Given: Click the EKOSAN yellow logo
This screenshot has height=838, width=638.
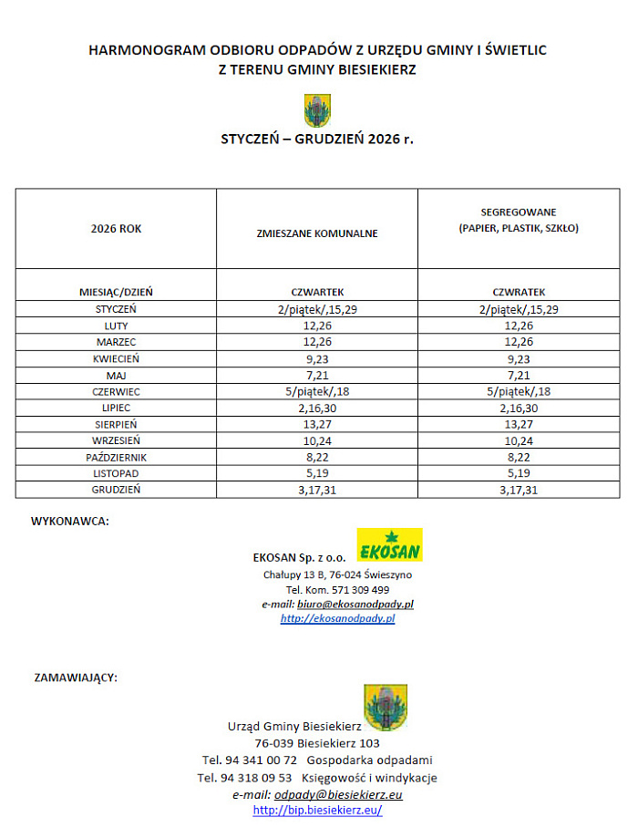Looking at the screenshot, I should tap(388, 544).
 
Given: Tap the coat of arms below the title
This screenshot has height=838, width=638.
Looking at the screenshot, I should tap(317, 110).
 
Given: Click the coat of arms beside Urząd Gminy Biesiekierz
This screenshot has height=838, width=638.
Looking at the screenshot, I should tap(386, 707).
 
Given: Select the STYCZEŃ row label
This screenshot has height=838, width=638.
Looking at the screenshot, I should tap(116, 309).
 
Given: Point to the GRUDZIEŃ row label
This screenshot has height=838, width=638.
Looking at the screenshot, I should tap(116, 489).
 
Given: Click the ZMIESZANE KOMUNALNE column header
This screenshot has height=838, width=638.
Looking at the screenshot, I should tap(317, 233).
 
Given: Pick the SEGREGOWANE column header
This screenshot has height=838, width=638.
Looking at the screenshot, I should tap(519, 220).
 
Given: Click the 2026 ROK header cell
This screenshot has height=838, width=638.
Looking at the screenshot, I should tap(116, 229).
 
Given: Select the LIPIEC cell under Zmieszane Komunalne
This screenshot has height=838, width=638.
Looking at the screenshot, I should tap(317, 408).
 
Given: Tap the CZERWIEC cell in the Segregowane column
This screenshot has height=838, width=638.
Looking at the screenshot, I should tap(519, 391).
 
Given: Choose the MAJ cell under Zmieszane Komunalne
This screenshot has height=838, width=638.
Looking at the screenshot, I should tap(317, 375).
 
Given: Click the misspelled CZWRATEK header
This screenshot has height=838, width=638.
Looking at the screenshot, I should tap(519, 292).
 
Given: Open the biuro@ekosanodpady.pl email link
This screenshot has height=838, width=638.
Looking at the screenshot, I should tap(351, 604).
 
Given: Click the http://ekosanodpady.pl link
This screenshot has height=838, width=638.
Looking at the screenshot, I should tap(337, 618).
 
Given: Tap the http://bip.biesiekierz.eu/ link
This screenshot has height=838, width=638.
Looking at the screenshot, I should tap(317, 810).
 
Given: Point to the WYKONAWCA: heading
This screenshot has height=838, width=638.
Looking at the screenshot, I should tap(70, 522).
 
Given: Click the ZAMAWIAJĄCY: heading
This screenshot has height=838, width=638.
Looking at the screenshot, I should tap(76, 678).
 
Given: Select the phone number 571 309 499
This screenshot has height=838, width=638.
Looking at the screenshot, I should tap(356, 589).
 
